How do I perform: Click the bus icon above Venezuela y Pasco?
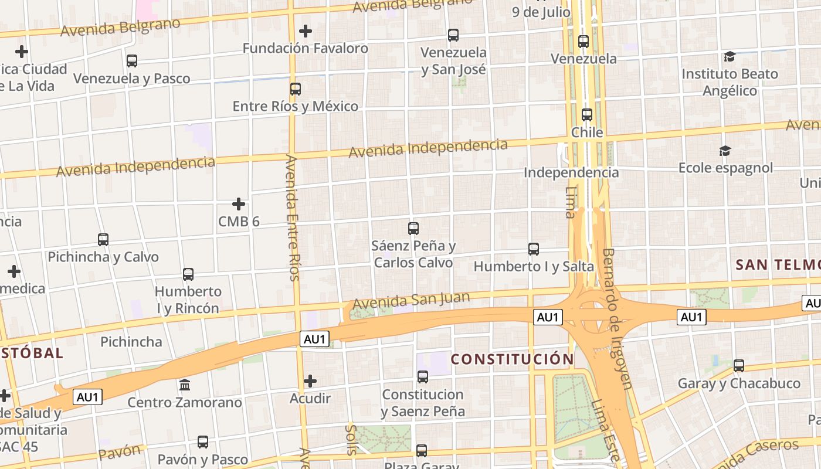pos(132,60)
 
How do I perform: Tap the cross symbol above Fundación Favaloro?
pos(306,31)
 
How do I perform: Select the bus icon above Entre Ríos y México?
pos(296,89)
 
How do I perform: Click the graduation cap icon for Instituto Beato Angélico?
pos(730,56)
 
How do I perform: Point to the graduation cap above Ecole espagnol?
pos(725,151)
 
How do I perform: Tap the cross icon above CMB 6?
pos(239,204)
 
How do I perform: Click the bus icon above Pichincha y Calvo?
pos(103,239)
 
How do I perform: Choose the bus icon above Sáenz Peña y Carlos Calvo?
pos(413,228)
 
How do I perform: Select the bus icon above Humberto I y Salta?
pos(534,249)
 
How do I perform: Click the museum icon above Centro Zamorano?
pos(185,385)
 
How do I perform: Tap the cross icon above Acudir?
pos(310,382)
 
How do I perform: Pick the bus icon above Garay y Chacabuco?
pos(739,366)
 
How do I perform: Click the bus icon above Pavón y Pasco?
pos(203,441)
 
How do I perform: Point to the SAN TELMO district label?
pos(778,264)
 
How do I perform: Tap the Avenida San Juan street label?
pos(411,301)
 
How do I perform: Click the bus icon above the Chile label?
pos(587,115)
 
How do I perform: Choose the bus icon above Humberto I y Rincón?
pos(188,274)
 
